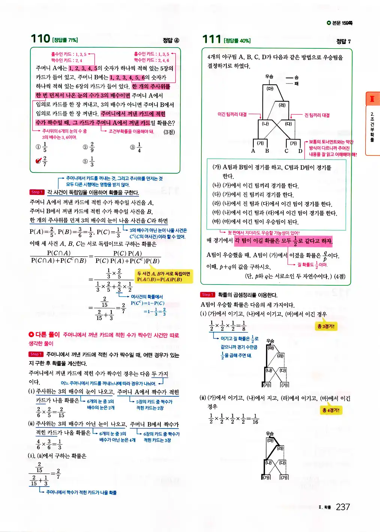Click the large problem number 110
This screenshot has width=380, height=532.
(x=40, y=39)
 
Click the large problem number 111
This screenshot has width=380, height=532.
(x=212, y=39)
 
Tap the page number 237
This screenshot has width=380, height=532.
(x=343, y=507)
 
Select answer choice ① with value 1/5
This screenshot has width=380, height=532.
(x=42, y=147)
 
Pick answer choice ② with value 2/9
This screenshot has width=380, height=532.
(x=89, y=147)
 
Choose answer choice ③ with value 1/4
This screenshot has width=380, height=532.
(x=136, y=147)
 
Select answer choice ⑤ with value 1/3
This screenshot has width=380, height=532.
(x=89, y=161)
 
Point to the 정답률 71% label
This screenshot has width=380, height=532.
(x=65, y=40)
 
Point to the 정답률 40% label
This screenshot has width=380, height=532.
(x=237, y=40)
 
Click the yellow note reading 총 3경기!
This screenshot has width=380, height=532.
(x=326, y=326)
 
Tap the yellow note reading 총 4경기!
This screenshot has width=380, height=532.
(x=331, y=410)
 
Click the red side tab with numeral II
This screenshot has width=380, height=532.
(x=372, y=99)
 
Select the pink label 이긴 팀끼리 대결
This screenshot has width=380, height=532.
(x=232, y=114)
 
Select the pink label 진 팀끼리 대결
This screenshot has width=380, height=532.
(x=317, y=115)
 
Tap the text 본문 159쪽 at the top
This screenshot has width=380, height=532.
(x=340, y=23)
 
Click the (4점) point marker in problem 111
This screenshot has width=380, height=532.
(x=340, y=276)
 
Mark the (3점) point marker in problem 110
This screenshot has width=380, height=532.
(x=169, y=132)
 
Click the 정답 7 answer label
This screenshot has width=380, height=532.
(x=343, y=41)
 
